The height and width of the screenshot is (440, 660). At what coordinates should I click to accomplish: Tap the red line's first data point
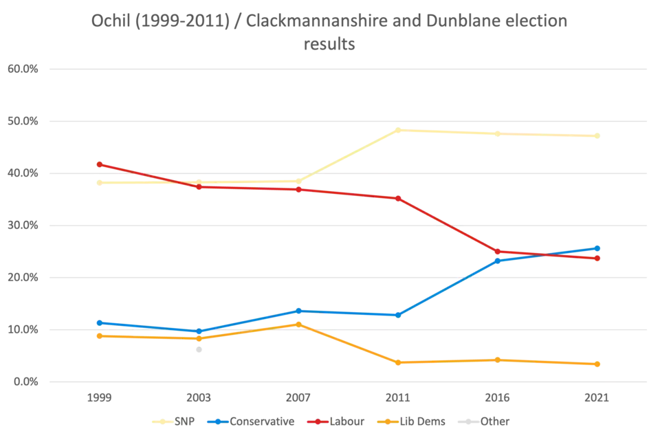tap(99, 164)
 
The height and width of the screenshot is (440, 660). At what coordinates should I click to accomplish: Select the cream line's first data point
tap(99, 182)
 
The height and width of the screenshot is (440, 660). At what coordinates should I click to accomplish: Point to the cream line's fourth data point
tap(398, 129)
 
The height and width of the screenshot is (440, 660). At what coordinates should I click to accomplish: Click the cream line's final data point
tap(599, 136)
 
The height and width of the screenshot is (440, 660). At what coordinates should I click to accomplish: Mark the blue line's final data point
tap(599, 248)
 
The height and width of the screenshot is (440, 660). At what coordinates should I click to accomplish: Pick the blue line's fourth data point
tap(398, 314)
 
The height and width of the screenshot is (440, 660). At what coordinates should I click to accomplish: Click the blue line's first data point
tap(99, 322)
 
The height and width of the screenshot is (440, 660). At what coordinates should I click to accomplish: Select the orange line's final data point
tap(599, 363)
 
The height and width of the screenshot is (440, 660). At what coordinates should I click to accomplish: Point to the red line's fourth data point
tap(398, 198)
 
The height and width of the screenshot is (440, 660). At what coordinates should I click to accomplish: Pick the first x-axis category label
tap(99, 398)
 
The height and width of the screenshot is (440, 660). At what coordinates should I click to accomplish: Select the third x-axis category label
tap(298, 398)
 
